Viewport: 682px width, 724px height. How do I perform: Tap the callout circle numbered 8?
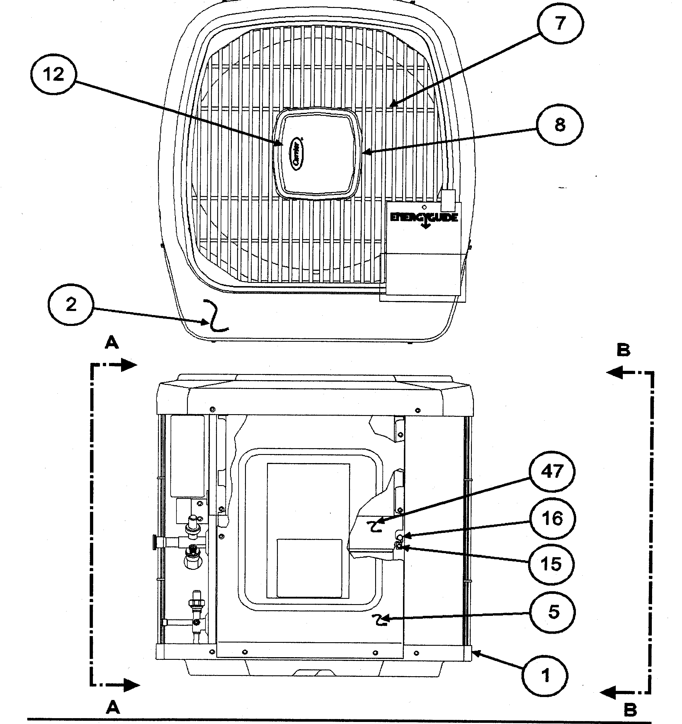(x=560, y=125)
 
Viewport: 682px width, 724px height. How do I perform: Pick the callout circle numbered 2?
(x=71, y=305)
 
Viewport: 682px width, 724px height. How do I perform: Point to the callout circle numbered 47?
(x=552, y=472)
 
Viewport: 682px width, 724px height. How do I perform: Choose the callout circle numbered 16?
(x=552, y=519)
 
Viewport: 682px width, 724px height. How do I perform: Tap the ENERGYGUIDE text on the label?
(x=424, y=218)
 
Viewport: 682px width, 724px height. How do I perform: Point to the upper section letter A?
(x=112, y=343)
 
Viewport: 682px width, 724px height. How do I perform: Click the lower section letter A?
(x=113, y=708)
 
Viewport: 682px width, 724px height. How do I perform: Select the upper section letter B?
(x=623, y=351)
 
